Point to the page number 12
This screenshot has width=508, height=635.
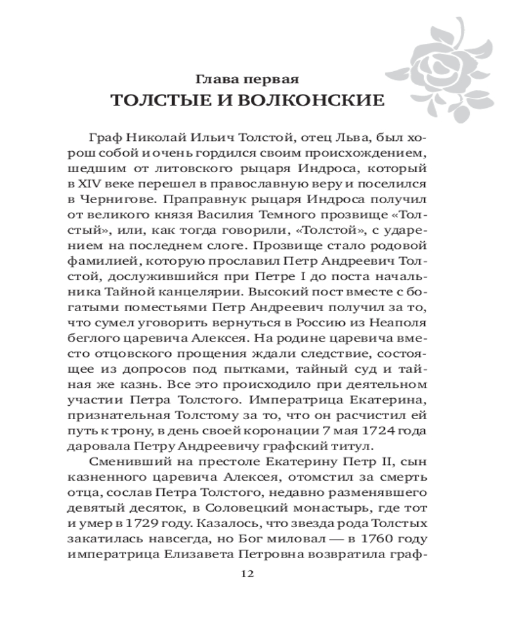(x=248, y=573)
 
